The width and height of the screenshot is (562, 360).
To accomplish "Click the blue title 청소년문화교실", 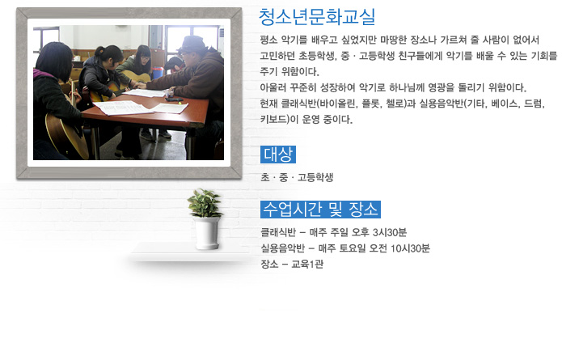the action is pyautogui.click(x=317, y=17).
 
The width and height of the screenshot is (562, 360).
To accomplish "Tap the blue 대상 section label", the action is pyautogui.click(x=278, y=155).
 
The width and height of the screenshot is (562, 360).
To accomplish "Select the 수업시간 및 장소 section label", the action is pyautogui.click(x=320, y=210).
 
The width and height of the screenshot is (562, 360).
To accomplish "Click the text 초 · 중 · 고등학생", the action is pyautogui.click(x=297, y=177).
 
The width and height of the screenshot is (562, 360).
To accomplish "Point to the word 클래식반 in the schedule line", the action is pyautogui.click(x=278, y=232).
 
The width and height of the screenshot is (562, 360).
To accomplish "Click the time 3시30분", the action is pyautogui.click(x=390, y=232).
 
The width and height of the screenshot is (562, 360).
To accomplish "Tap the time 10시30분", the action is pyautogui.click(x=410, y=248).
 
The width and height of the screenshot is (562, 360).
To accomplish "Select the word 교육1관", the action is pyautogui.click(x=307, y=264).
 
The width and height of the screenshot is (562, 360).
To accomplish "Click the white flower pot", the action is pyautogui.click(x=207, y=233).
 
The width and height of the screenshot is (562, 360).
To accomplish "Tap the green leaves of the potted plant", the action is pyautogui.click(x=205, y=203).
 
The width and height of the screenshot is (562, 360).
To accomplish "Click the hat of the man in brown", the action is pyautogui.click(x=192, y=44).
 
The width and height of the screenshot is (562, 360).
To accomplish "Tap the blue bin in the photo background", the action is pyautogui.click(x=158, y=73).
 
